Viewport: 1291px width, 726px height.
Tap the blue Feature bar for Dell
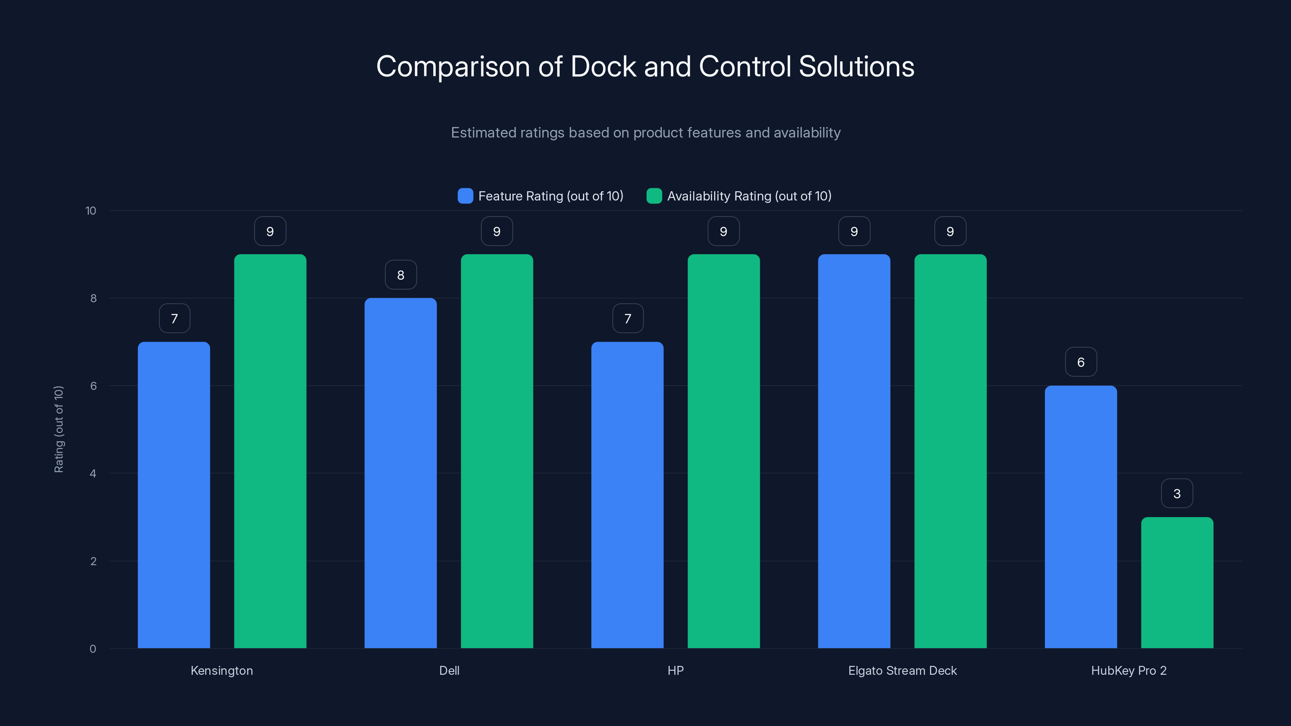(x=401, y=473)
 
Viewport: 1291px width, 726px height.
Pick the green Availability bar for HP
(x=723, y=451)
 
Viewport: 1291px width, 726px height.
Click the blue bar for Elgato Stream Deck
(x=854, y=451)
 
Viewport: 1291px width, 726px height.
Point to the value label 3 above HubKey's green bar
(x=1177, y=494)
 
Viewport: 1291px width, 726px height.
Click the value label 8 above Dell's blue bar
(x=401, y=275)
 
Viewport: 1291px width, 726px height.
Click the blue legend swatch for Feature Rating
(x=465, y=196)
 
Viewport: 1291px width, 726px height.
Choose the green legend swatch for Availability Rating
(x=654, y=196)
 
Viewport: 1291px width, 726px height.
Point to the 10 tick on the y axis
(x=91, y=211)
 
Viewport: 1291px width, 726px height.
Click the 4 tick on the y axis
(x=93, y=474)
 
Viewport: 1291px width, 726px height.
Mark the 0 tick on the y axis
(x=93, y=649)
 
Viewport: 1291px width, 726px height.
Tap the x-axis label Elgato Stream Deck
(x=902, y=670)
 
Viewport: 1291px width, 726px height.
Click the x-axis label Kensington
(x=221, y=670)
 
